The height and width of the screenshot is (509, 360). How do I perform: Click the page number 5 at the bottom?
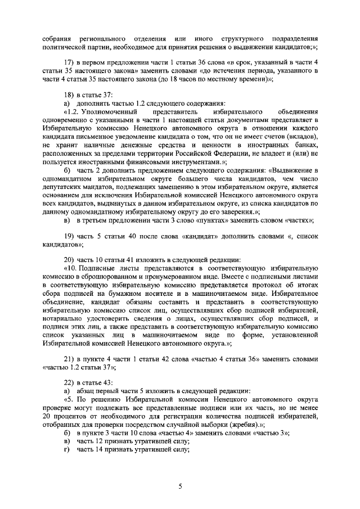180,487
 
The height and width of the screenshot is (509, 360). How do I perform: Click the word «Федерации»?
226,152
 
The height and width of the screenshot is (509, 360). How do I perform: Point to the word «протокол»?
265,285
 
